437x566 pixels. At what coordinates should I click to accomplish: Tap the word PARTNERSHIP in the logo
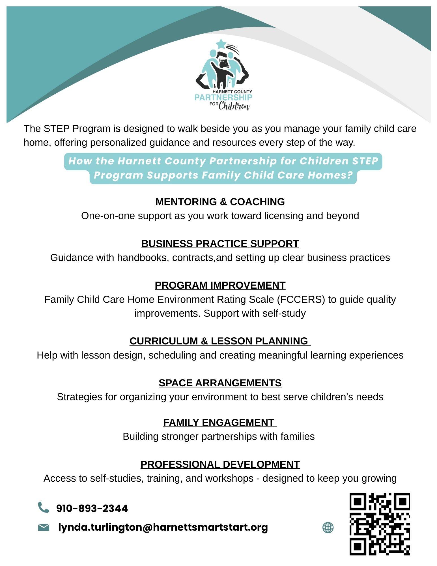(223, 98)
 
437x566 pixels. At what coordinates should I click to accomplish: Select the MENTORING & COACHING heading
(220, 202)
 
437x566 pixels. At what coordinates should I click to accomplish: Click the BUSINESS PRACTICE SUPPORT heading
(220, 244)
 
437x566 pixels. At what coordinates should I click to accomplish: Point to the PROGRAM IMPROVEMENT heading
(220, 285)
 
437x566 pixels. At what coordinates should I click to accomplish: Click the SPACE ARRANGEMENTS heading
(220, 383)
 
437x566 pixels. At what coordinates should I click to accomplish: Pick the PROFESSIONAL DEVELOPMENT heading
(220, 464)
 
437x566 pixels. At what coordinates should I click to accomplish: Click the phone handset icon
(43, 507)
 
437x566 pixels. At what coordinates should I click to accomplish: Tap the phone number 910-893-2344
(92, 509)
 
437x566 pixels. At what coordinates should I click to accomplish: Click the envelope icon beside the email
(44, 528)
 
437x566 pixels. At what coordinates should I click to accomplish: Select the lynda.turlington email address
(163, 527)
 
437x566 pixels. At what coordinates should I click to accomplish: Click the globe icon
(328, 528)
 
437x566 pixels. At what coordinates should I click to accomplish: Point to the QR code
(380, 524)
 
